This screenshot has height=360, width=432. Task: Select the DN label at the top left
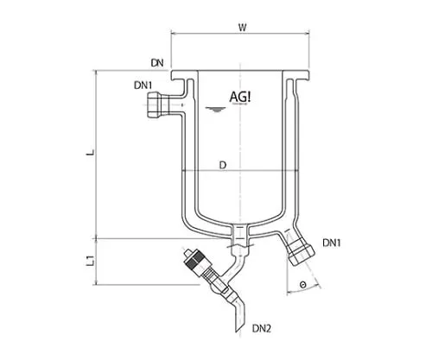pyautogui.click(x=156, y=62)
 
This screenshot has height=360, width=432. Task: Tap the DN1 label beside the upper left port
pyautogui.click(x=143, y=85)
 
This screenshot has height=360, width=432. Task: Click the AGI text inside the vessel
pyautogui.click(x=240, y=97)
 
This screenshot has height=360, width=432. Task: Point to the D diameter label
pyautogui.click(x=223, y=163)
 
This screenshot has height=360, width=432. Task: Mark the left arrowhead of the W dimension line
pyautogui.click(x=175, y=35)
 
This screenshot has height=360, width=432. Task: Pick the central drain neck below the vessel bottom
pyautogui.click(x=240, y=233)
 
